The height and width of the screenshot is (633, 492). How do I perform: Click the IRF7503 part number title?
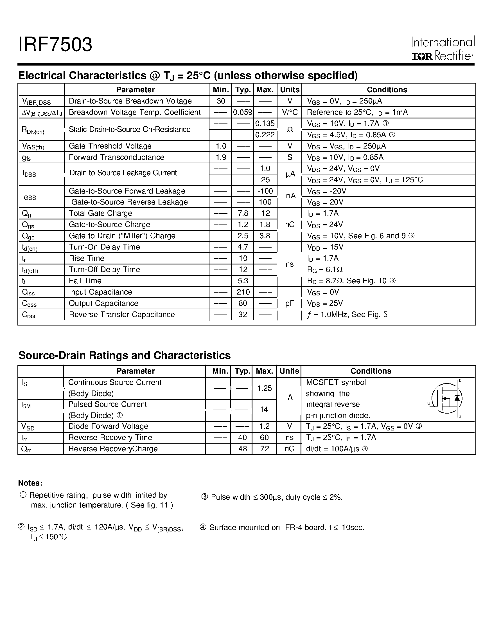point(55,45)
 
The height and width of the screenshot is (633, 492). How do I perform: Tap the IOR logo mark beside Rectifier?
point(422,57)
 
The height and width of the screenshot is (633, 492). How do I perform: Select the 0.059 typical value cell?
point(243,112)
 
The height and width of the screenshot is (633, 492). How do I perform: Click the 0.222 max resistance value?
point(265,135)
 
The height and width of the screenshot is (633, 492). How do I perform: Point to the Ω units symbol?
point(290,130)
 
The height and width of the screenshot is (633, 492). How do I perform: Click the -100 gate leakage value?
point(265,191)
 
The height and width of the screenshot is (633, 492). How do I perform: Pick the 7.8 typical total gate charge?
point(243,213)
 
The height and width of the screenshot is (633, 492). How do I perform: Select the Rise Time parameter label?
point(86,258)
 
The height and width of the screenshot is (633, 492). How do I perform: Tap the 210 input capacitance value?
point(243,292)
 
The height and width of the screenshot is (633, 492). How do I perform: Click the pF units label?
point(290,304)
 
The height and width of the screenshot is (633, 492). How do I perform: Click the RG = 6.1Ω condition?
point(325,270)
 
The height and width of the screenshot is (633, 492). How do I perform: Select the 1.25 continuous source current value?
point(264,388)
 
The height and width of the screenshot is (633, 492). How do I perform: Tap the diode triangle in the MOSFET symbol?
point(457,399)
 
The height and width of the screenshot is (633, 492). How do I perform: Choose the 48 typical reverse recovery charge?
point(242,449)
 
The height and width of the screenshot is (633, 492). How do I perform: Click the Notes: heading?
point(30,483)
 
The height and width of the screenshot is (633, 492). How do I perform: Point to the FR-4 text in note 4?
point(293,527)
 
